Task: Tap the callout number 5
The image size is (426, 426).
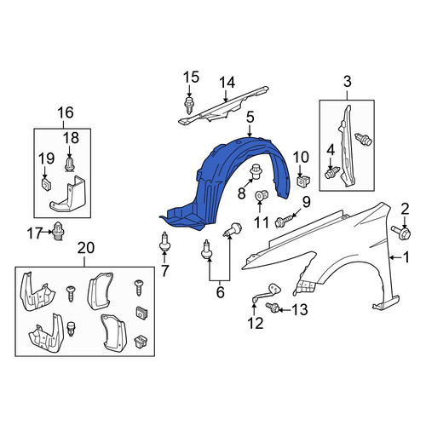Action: [250, 118]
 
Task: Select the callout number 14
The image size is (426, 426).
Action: [227, 83]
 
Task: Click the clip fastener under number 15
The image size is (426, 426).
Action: [188, 105]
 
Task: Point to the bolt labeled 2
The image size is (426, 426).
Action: [401, 232]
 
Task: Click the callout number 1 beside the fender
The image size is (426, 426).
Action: [406, 257]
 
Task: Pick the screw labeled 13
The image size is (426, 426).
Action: [273, 308]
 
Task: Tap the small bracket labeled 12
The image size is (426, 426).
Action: [267, 292]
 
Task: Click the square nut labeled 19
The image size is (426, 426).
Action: [46, 184]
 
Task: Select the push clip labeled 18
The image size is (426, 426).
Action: [70, 165]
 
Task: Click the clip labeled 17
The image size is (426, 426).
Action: [59, 230]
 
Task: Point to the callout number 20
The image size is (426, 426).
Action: [86, 248]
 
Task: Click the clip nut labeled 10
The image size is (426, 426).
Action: [303, 181]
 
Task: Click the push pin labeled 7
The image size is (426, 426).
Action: [164, 242]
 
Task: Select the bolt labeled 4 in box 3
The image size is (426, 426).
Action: [332, 172]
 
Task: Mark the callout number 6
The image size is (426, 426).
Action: [221, 292]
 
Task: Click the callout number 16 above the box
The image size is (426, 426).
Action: [66, 112]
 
